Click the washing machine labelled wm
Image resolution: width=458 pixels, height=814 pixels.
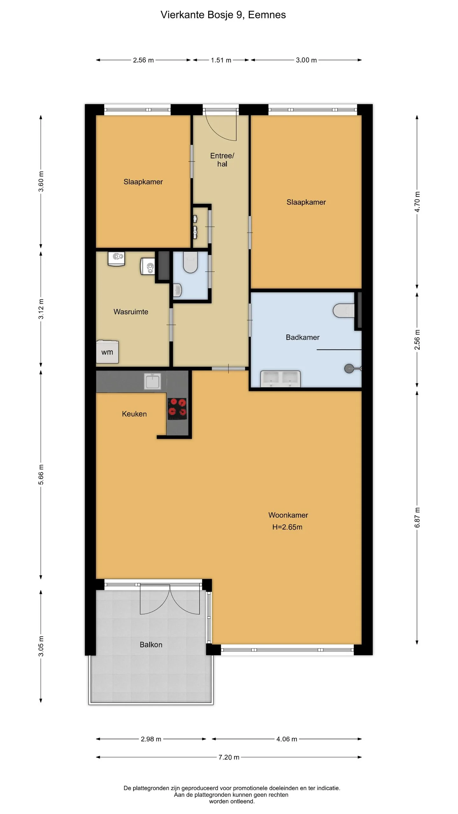coord(108,352)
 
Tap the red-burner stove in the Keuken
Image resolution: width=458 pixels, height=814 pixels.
coord(177,409)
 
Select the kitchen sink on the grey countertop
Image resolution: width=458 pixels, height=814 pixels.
coord(153,381)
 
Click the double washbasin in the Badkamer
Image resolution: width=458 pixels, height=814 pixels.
coord(281,379)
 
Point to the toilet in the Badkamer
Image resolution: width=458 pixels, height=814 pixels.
coord(343,310)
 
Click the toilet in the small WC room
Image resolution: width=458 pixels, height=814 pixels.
coord(191,262)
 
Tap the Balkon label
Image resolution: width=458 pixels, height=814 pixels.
coord(151,645)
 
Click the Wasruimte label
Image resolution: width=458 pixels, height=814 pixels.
coord(131,312)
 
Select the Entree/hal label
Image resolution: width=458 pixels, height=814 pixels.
coord(222,160)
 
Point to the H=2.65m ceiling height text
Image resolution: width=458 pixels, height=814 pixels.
coord(287,527)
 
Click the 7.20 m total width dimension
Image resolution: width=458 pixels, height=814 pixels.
coord(229,757)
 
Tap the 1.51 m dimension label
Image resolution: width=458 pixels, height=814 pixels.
coord(221,60)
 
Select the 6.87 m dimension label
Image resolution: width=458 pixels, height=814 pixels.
coord(417,517)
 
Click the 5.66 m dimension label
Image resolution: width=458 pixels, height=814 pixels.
coord(41,474)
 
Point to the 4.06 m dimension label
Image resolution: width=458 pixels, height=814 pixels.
coord(287,739)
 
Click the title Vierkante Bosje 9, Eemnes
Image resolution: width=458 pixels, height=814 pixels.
coord(223,15)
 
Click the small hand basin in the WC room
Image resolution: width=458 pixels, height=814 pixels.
coord(177,290)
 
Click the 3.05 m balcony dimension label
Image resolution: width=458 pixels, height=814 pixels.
coord(41,646)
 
